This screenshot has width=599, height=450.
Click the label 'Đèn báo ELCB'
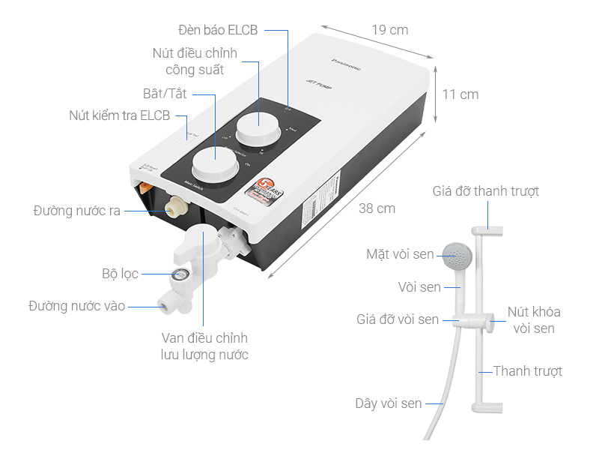218,30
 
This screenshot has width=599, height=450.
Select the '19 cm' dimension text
390,30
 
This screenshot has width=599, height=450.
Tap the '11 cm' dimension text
460,94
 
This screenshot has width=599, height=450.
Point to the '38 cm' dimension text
377,208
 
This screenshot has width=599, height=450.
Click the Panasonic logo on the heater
346,64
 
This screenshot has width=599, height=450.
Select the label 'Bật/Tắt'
165,94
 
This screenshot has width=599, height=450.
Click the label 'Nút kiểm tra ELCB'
120,115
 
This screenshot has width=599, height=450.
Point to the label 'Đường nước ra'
77,211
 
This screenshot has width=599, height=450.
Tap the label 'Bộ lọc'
121,274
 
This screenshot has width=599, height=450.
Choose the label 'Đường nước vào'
77,306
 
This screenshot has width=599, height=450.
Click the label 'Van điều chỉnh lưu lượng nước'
204,346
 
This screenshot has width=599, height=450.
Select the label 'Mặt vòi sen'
400,255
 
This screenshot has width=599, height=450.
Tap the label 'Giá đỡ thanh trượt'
485,191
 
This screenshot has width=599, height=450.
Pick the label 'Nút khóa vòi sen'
534,319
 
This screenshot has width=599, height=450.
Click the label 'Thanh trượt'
528,371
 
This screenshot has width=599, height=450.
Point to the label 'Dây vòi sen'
389,403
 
